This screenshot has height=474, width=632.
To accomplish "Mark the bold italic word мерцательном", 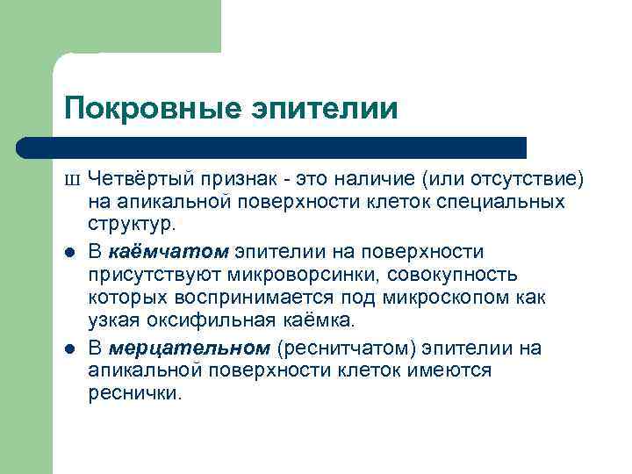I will coord(189,348).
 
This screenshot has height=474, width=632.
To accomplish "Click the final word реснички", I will coord(134,394).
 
